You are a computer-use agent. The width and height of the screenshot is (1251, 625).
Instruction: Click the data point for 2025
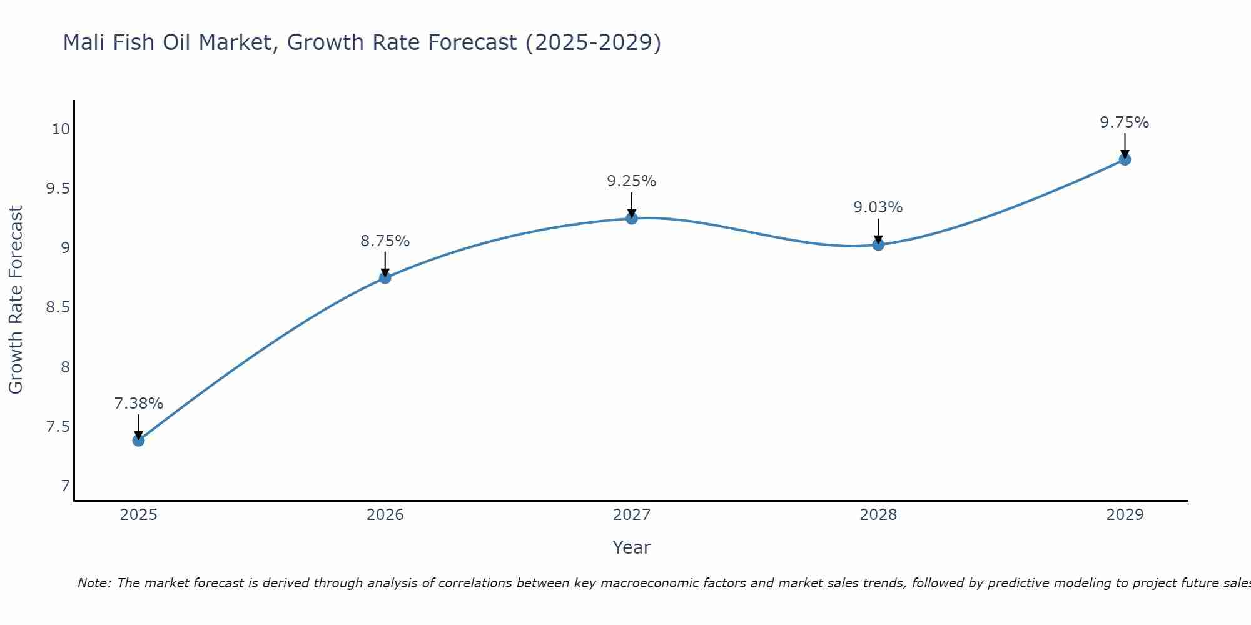[x=138, y=440]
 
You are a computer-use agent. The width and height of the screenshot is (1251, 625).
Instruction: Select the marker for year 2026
[x=385, y=277]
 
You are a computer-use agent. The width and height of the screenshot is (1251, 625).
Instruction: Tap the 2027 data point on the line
[x=632, y=218]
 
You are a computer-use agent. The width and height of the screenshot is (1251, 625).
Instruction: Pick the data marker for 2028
[x=878, y=244]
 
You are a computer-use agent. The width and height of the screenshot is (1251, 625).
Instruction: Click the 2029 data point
[x=1125, y=159]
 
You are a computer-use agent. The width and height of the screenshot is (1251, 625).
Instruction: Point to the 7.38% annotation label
[x=138, y=404]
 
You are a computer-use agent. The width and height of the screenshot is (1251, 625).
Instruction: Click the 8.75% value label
[x=385, y=241]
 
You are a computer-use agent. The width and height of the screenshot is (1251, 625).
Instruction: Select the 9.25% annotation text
[x=632, y=181]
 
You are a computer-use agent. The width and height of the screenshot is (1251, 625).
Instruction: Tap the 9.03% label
[x=878, y=207]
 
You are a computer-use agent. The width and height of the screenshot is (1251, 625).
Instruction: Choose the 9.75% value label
[x=1125, y=122]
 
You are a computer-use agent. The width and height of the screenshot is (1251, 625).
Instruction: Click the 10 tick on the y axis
[x=61, y=129]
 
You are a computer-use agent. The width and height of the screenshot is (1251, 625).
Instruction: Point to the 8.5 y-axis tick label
[x=58, y=307]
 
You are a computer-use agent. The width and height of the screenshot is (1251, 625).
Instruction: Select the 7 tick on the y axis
[x=66, y=486]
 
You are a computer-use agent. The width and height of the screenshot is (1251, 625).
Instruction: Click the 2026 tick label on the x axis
[x=385, y=515]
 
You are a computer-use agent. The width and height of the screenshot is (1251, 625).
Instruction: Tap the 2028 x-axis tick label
[x=878, y=515]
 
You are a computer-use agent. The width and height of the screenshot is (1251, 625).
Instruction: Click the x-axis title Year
[x=632, y=547]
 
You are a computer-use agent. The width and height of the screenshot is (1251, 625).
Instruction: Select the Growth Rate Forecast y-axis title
[x=16, y=300]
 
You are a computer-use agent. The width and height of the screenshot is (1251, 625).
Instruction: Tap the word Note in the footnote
[x=94, y=583]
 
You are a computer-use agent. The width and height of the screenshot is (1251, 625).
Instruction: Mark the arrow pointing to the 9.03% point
[x=878, y=231]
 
